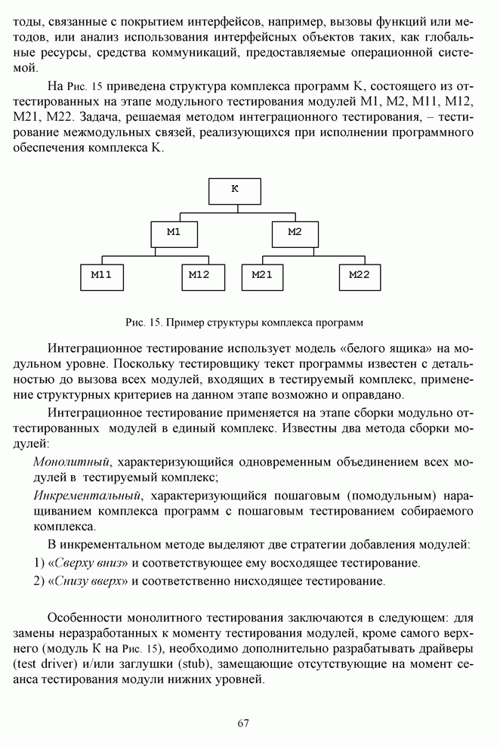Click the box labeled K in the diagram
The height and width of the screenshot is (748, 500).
(x=234, y=190)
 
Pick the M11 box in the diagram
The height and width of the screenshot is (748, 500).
(x=101, y=277)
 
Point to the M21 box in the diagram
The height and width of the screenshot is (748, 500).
(x=263, y=277)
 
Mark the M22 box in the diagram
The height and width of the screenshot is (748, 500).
(x=360, y=277)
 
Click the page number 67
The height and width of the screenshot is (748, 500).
(x=243, y=723)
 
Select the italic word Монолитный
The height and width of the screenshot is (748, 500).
(x=73, y=461)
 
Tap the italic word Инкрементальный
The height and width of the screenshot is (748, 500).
(x=88, y=496)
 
